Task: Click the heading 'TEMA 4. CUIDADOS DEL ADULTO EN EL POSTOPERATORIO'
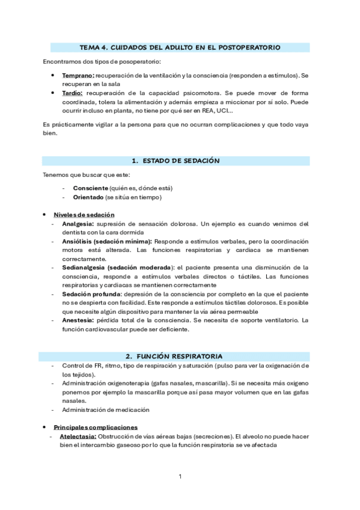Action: coord(180,46)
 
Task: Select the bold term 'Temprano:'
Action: coord(78,76)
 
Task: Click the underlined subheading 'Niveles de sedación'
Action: coord(84,215)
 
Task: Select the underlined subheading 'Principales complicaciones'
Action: coord(96,427)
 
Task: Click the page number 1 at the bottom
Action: coord(180,477)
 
